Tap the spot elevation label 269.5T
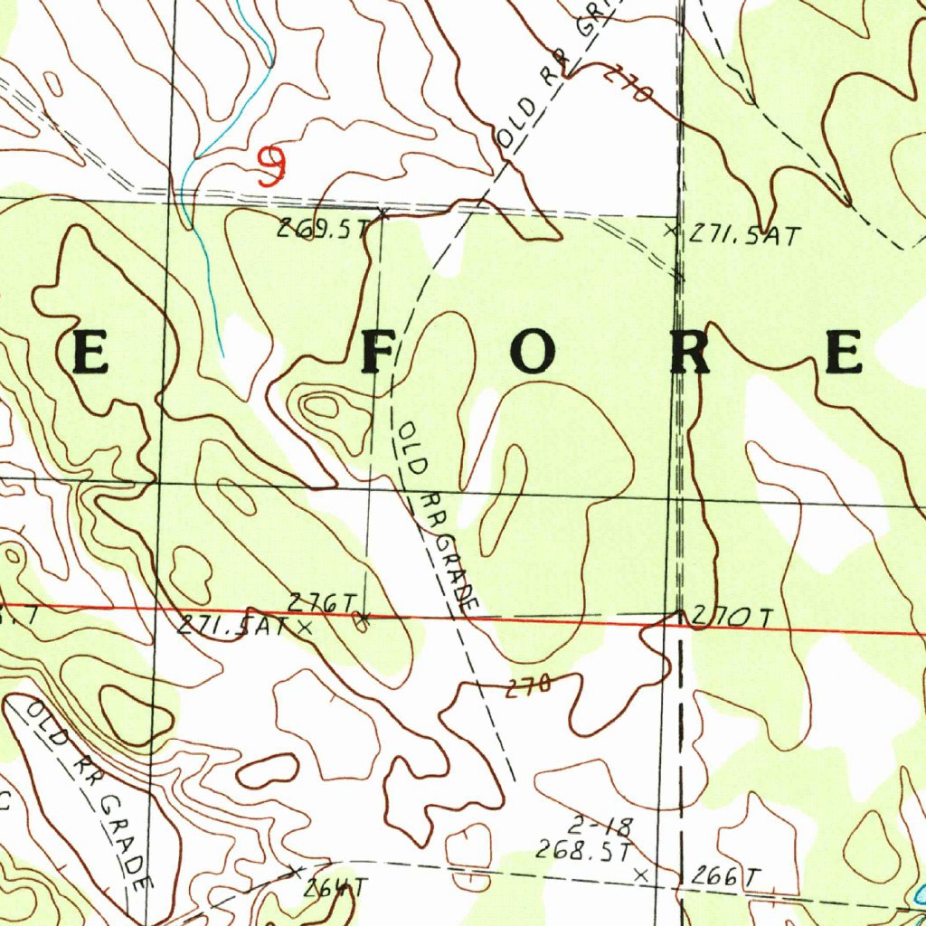pyautogui.click(x=323, y=230)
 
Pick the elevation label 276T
pyautogui.click(x=322, y=602)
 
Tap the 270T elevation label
pyautogui.click(x=732, y=619)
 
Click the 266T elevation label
pyautogui.click(x=726, y=876)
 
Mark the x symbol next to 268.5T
pyautogui.click(x=641, y=874)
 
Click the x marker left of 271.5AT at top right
pyautogui.click(x=670, y=231)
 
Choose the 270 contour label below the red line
pyautogui.click(x=527, y=687)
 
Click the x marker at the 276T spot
pyautogui.click(x=363, y=619)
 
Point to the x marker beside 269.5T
pyautogui.click(x=383, y=214)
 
